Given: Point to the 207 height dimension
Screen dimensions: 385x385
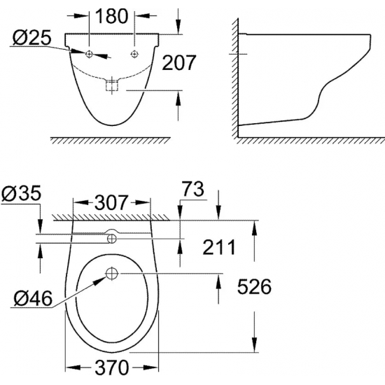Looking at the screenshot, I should click(x=178, y=64).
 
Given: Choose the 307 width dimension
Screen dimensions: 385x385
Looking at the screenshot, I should click(x=112, y=203).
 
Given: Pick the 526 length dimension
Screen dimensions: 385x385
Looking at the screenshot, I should click(x=252, y=287).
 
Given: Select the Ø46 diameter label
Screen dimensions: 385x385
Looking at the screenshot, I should click(x=32, y=300).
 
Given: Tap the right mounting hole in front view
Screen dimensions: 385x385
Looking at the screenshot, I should click(x=135, y=53).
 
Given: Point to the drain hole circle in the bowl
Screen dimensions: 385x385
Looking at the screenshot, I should click(x=113, y=272).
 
